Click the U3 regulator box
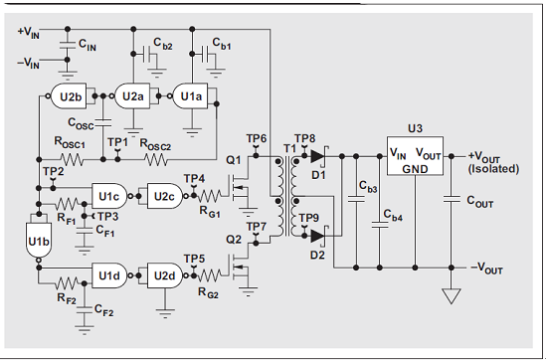[415, 155]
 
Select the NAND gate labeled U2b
[69, 96]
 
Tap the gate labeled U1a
[190, 96]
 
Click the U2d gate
[164, 275]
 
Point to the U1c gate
[109, 196]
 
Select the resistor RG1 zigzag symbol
[210, 196]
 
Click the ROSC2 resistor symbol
[156, 160]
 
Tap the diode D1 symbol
[319, 156]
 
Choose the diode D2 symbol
[319, 236]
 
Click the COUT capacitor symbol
[452, 199]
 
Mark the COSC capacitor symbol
[103, 122]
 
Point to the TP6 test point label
[257, 138]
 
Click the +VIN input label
[29, 33]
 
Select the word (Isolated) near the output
[493, 169]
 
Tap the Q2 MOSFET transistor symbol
[241, 267]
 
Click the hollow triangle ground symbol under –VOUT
[452, 296]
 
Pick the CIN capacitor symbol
[68, 45]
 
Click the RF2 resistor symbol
[67, 283]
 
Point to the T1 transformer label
[289, 148]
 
